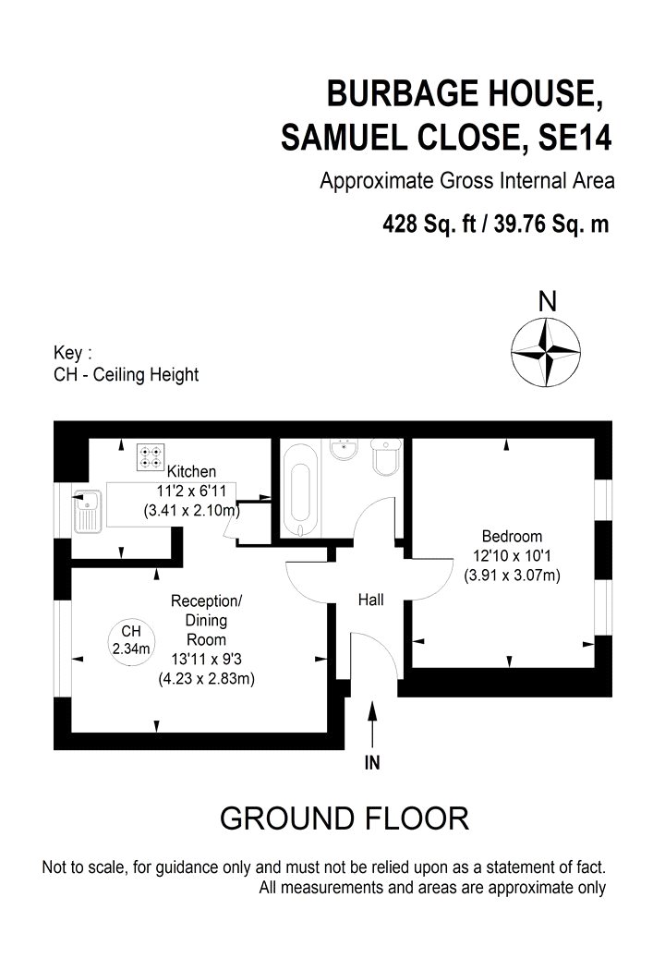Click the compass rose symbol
[x=547, y=352]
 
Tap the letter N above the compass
[x=548, y=302]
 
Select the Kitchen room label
[x=191, y=472]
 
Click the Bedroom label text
[x=512, y=536]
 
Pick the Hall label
[x=370, y=600]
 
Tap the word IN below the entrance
[x=372, y=763]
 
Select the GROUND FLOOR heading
[x=344, y=818]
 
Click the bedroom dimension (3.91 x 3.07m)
[x=512, y=575]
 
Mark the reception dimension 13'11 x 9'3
[x=206, y=659]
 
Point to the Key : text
[x=74, y=354]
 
